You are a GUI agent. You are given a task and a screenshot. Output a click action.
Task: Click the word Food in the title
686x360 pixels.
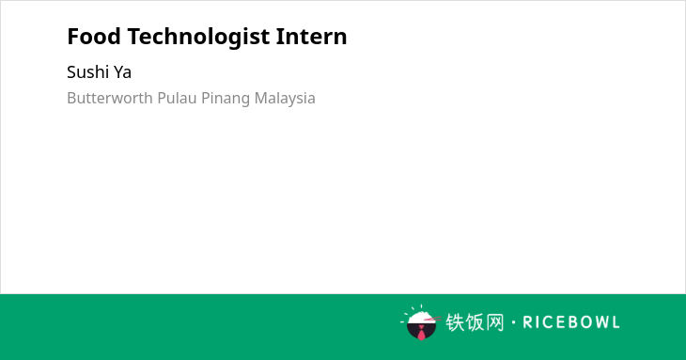click(x=94, y=37)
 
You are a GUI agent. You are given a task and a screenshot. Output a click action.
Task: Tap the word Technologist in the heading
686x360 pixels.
click(x=198, y=38)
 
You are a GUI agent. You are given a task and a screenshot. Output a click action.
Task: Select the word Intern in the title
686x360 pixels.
click(x=311, y=37)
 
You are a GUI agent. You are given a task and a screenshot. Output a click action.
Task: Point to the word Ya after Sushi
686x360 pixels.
click(x=122, y=72)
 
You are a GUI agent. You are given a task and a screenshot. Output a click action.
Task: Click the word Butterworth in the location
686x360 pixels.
click(x=110, y=98)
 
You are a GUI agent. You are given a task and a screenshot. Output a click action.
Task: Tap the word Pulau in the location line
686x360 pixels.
click(x=177, y=98)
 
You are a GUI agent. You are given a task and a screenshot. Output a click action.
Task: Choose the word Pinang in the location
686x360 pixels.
click(x=226, y=99)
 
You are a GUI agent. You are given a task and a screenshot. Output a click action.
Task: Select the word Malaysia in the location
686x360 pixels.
click(x=285, y=99)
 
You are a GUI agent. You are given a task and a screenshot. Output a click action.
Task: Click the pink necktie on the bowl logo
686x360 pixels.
click(x=421, y=333)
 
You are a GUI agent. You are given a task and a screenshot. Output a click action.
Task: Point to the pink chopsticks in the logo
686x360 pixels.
click(x=432, y=319)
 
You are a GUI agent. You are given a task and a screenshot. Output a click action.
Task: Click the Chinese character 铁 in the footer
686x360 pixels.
click(x=455, y=322)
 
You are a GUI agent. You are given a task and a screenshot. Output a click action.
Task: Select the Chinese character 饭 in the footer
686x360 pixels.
click(x=476, y=322)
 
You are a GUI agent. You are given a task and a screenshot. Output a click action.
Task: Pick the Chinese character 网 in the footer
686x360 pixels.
click(x=495, y=322)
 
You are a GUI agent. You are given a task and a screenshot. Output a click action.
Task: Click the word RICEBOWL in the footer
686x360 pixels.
click(x=571, y=322)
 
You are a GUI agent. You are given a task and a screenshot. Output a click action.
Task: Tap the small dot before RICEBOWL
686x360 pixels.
click(x=514, y=322)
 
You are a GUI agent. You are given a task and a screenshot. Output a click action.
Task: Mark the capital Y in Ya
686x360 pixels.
click(x=118, y=72)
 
